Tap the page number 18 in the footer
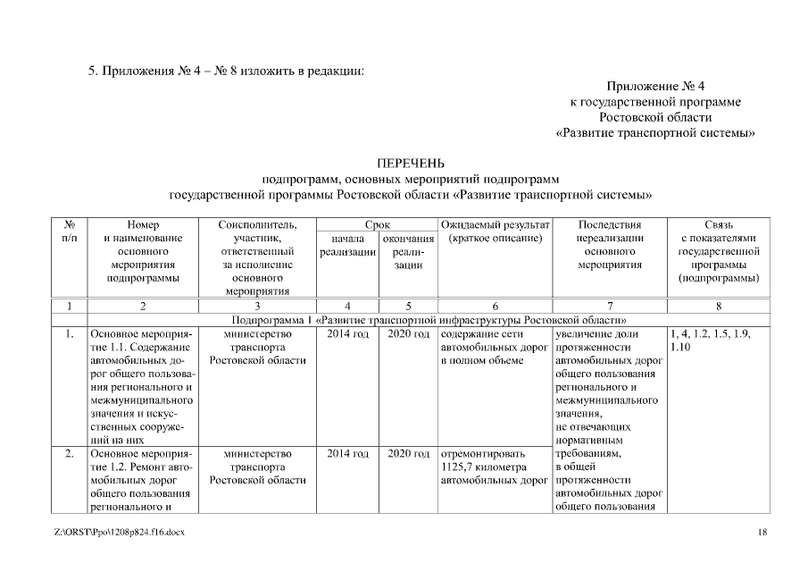762,533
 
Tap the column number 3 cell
257,306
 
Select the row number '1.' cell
69,334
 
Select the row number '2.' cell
69,454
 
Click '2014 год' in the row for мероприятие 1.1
347,334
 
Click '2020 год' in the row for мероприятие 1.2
409,454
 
